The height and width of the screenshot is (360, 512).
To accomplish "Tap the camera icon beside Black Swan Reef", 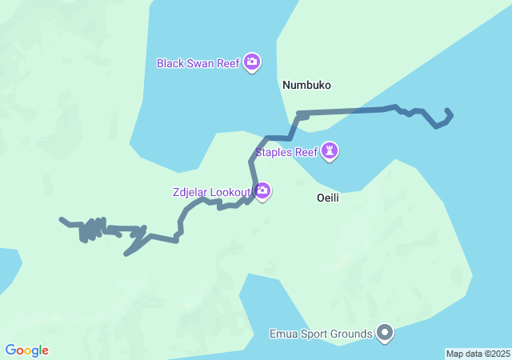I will tap(252, 62).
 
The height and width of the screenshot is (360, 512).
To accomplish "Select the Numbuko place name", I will tap(306, 84).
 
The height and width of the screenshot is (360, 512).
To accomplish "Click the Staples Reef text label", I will tap(286, 151).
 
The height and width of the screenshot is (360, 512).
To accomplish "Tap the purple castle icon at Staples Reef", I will tap(330, 150).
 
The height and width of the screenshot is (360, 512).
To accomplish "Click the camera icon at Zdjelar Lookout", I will tap(262, 190).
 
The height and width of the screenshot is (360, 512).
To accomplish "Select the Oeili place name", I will tap(327, 198).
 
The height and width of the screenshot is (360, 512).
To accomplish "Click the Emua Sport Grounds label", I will tap(321, 333).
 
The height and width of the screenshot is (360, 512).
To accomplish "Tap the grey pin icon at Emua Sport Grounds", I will tap(385, 332).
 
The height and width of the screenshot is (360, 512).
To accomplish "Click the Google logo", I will tap(27, 350).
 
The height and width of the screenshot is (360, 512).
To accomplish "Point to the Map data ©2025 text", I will tap(478, 354).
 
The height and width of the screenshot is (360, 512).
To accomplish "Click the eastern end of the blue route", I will tap(446, 110).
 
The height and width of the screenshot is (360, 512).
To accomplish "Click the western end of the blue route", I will tap(62, 218).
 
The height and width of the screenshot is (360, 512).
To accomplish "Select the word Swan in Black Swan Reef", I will tap(200, 62).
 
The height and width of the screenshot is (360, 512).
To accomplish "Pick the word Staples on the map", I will tap(273, 151).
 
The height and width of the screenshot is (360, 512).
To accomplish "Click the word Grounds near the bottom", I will tap(352, 333).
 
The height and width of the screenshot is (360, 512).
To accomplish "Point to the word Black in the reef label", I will tap(170, 62).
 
